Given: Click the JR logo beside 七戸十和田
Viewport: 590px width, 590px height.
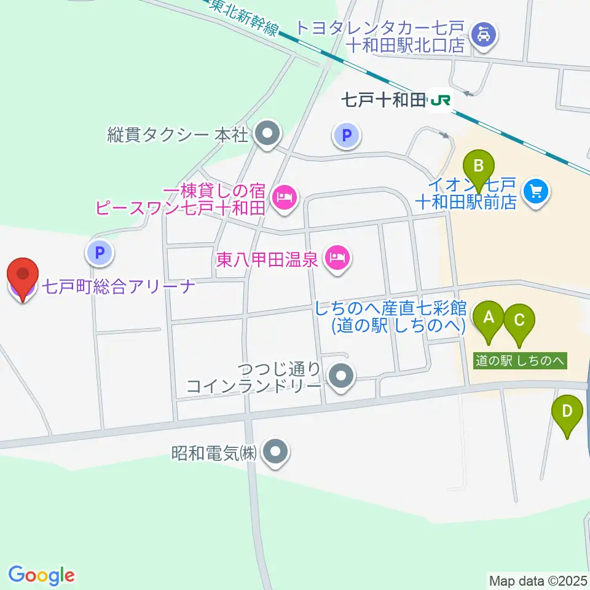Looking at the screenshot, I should tap(441, 100).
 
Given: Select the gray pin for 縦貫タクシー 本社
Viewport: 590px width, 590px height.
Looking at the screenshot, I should tap(267, 135).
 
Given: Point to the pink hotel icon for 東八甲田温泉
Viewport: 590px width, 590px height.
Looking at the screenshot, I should tap(337, 258).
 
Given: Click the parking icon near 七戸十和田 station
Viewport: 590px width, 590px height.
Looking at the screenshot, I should tap(347, 135).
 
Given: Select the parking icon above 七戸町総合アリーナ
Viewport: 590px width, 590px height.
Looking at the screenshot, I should tap(100, 251).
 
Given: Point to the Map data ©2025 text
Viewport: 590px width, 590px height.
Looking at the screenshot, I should tap(538, 580).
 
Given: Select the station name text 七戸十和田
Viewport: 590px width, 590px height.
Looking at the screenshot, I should tap(383, 100).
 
